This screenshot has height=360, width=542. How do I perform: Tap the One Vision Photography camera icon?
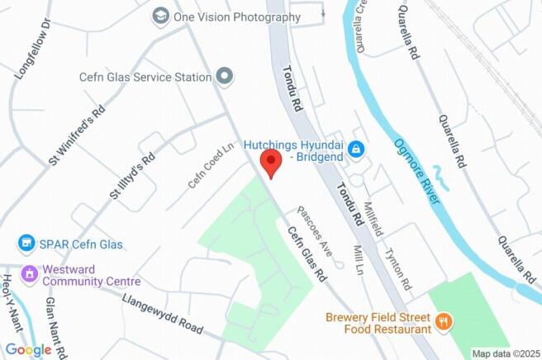tap(160, 16)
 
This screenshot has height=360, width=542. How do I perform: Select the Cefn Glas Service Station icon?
tap(224, 77)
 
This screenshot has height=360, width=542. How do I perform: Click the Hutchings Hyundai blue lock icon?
tap(356, 149)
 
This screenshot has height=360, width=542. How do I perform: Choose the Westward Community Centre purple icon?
tap(30, 273)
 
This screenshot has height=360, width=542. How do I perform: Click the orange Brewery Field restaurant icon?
tap(444, 321)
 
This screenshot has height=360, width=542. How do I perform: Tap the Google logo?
tap(28, 349)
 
